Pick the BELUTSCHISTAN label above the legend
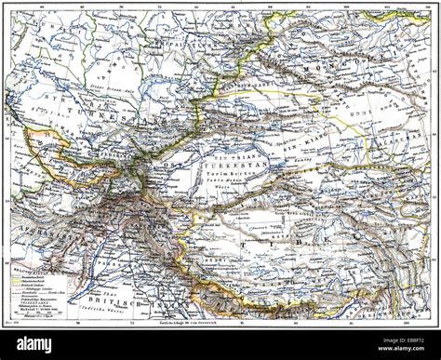28,271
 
